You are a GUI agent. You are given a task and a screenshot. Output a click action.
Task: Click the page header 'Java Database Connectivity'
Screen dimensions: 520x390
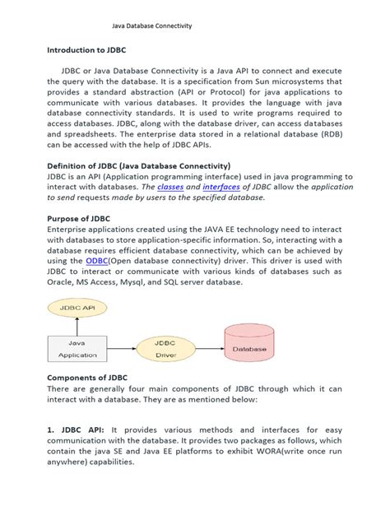151,26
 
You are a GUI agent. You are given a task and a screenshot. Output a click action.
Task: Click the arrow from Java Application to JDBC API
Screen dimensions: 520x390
77,325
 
